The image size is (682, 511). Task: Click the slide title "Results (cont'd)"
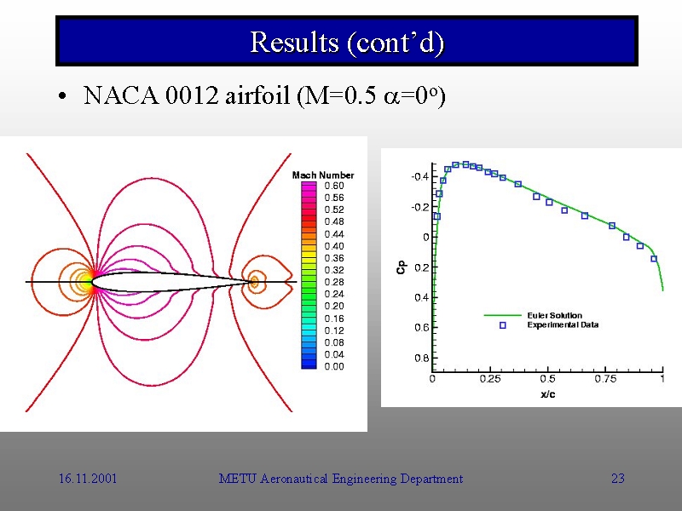[x=347, y=42]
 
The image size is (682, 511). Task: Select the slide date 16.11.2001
[x=88, y=479]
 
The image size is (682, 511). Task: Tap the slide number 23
[x=618, y=479]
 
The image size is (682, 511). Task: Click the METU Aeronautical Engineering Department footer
[x=340, y=479]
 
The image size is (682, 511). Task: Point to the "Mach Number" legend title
[x=323, y=175]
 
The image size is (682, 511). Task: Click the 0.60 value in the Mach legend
[x=333, y=186]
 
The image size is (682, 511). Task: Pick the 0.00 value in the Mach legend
[x=333, y=366]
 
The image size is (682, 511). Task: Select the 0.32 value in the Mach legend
[x=333, y=270]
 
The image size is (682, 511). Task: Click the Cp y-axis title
[x=401, y=267]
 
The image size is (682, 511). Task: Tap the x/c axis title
[x=548, y=394]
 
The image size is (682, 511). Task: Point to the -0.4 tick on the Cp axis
[x=419, y=177]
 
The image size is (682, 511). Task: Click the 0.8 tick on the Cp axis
[x=422, y=358]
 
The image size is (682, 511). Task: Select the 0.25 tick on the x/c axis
[x=489, y=379]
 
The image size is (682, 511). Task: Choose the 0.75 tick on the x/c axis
[x=605, y=379]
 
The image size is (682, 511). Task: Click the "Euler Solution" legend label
[x=554, y=316]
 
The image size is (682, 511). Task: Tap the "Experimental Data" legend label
[x=563, y=325]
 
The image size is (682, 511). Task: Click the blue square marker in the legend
[x=502, y=325]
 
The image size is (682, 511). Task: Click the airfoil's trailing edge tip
[x=253, y=281]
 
